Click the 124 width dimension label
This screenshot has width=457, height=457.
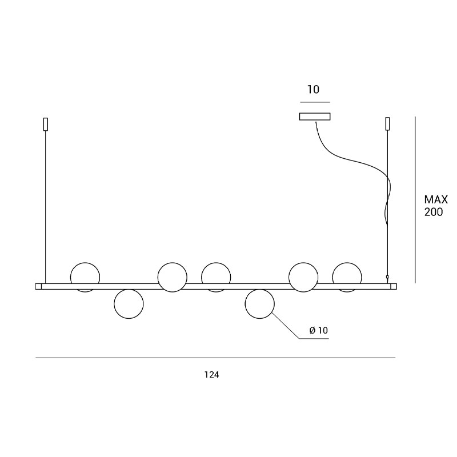pyautogui.click(x=211, y=375)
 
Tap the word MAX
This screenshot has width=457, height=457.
pyautogui.click(x=436, y=199)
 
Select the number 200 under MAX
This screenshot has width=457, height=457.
pyautogui.click(x=434, y=212)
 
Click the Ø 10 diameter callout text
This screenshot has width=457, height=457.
pyautogui.click(x=319, y=330)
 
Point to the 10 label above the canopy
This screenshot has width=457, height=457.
pyautogui.click(x=313, y=90)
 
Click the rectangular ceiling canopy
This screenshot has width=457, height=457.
pyautogui.click(x=315, y=117)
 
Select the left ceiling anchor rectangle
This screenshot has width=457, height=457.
pyautogui.click(x=46, y=124)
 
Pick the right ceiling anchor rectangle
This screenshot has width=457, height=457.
pyautogui.click(x=388, y=124)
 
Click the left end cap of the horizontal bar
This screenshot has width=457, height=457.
pyautogui.click(x=38, y=287)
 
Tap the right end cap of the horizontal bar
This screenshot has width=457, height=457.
pyautogui.click(x=394, y=287)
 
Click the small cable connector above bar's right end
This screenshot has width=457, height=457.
pyautogui.click(x=387, y=277)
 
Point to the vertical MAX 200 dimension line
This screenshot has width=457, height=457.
pyautogui.click(x=415, y=200)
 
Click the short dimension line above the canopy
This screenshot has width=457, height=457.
pyautogui.click(x=315, y=102)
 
